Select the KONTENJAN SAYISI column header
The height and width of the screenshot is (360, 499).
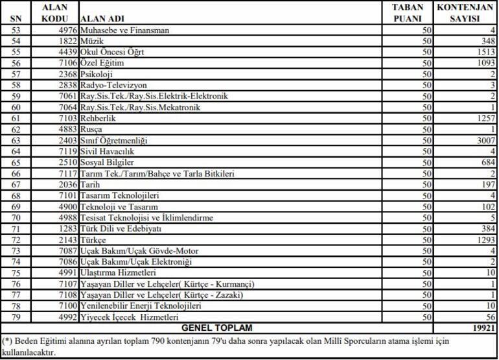click(465, 13)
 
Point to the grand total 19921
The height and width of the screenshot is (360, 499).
click(483, 328)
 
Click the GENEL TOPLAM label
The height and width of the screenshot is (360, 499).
click(216, 328)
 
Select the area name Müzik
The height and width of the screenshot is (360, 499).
click(90, 42)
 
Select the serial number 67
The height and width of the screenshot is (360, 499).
click(16, 185)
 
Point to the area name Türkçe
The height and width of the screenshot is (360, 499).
click(93, 240)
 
